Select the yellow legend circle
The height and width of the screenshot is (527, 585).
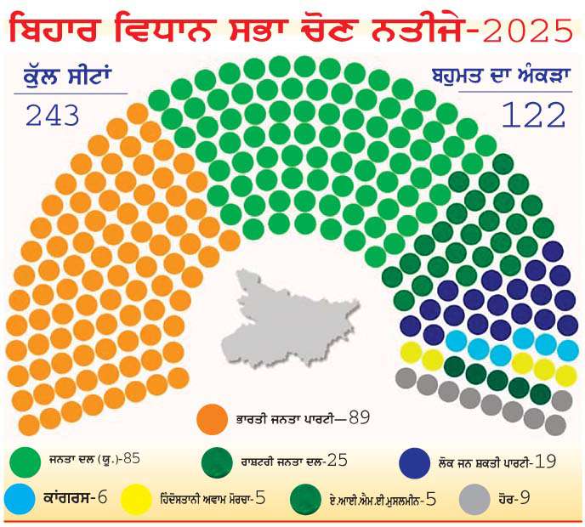click(136, 499)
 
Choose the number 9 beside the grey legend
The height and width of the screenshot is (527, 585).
click(525, 497)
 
